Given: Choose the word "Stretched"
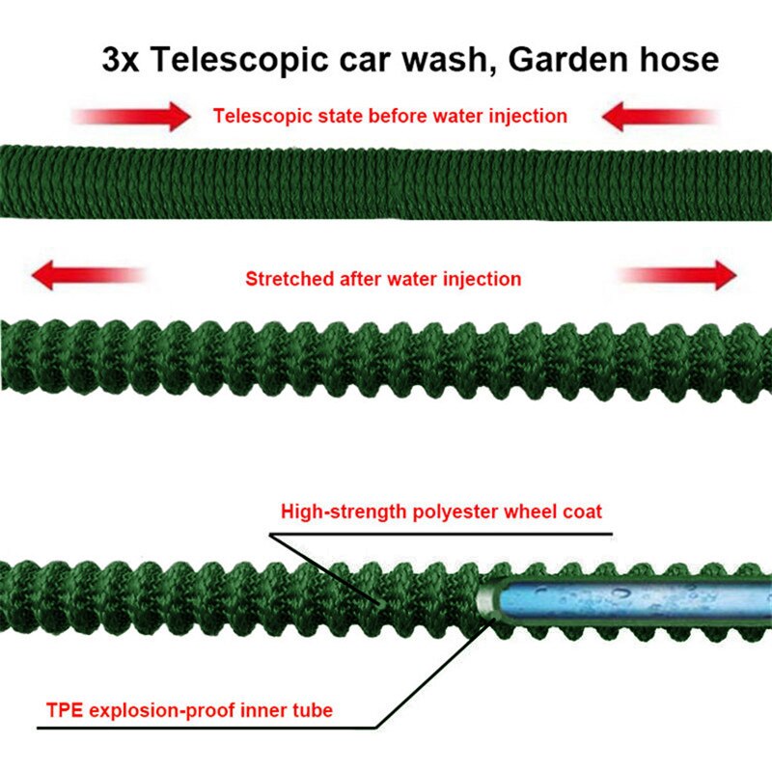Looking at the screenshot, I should (287, 280).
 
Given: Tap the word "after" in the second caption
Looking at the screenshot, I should (357, 280).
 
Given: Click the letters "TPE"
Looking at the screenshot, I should (64, 711).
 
